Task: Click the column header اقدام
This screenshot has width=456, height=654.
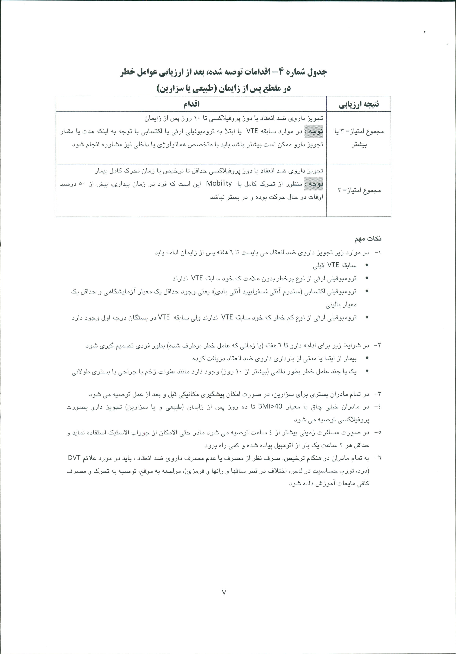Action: point(191,104)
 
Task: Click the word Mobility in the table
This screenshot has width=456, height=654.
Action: point(219,183)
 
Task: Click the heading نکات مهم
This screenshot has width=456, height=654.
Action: point(368,239)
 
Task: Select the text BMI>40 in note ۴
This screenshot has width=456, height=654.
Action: point(270,407)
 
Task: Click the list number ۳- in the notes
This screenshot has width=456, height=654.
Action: point(377,394)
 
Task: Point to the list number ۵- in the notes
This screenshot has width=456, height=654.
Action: point(377,432)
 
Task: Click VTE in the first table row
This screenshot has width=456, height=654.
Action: point(252,131)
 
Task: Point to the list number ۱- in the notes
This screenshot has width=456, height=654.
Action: point(377,253)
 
